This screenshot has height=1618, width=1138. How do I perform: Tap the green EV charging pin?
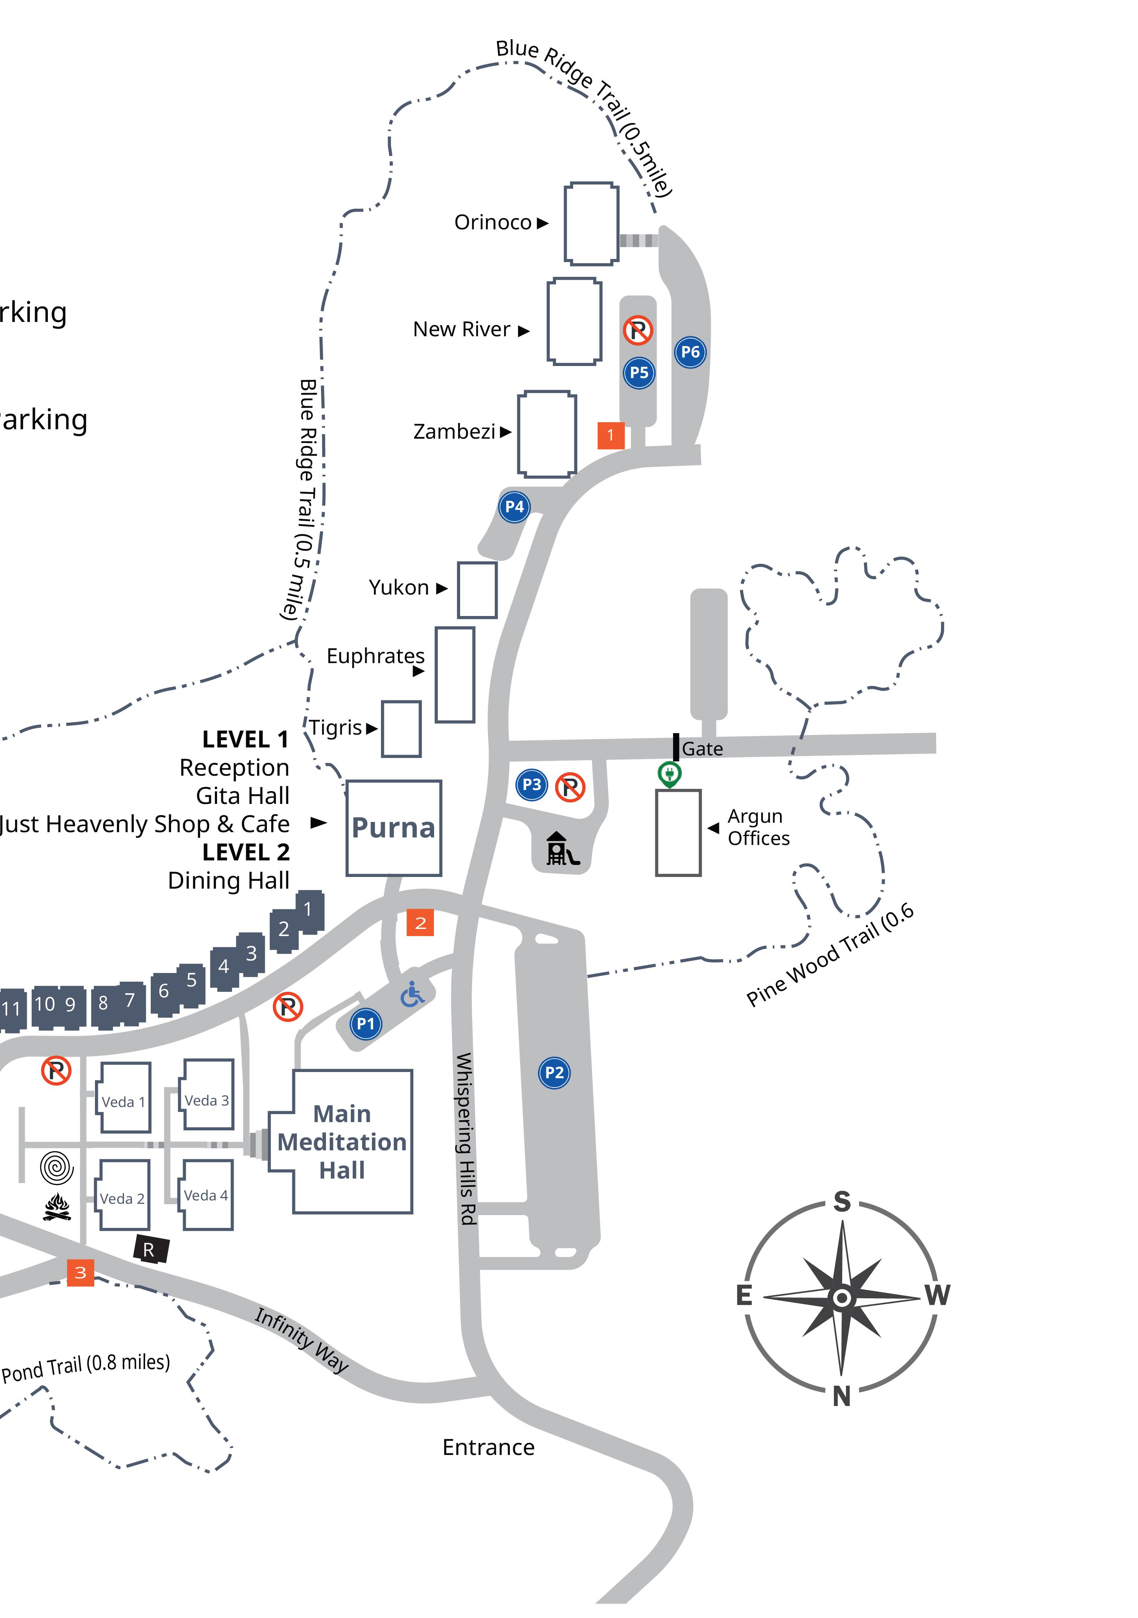click(x=669, y=774)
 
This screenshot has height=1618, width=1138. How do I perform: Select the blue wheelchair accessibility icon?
click(x=413, y=994)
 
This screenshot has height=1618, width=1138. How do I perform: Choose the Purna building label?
click(x=393, y=828)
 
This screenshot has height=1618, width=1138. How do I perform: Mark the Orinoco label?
click(x=493, y=223)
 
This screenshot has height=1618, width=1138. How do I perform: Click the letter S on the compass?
click(x=842, y=1202)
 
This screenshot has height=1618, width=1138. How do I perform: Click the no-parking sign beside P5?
click(x=638, y=329)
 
